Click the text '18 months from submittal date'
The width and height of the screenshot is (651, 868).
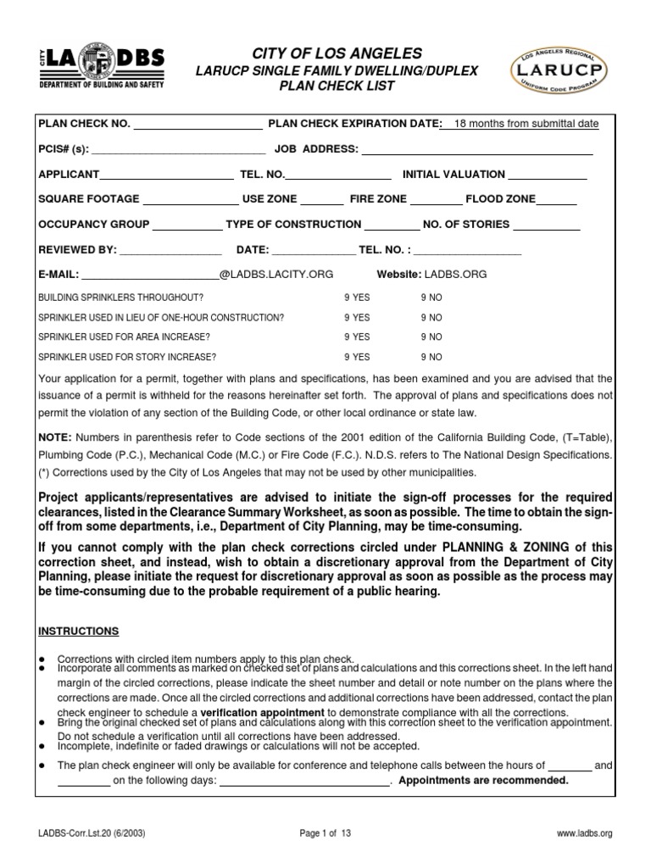[x=526, y=124]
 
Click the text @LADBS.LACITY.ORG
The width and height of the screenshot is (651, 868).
[x=276, y=275]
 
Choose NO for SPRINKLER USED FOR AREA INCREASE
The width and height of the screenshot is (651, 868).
[x=431, y=337]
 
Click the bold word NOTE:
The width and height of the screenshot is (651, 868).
[x=55, y=437]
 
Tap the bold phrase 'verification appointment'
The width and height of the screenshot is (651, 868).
[x=262, y=712]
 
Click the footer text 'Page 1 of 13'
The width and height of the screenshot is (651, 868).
[x=325, y=834]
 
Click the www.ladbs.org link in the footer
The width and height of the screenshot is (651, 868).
[x=584, y=834]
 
